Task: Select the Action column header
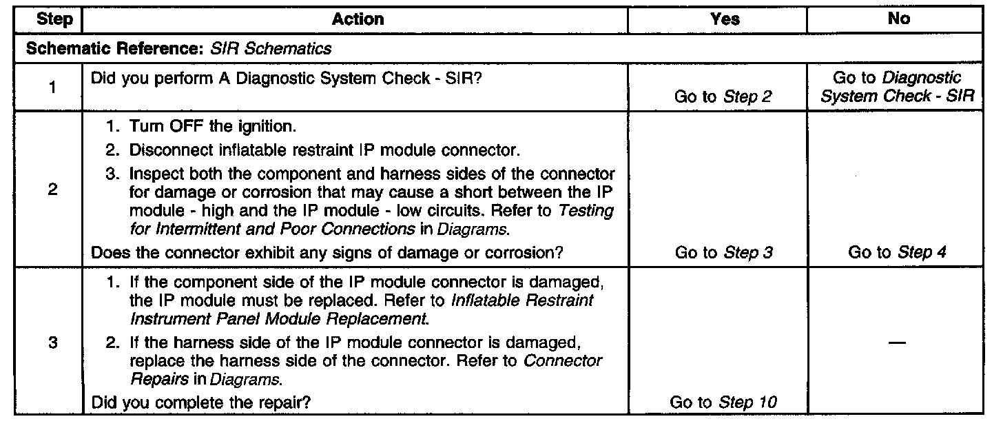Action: [358, 20]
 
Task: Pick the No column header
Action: [898, 20]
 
